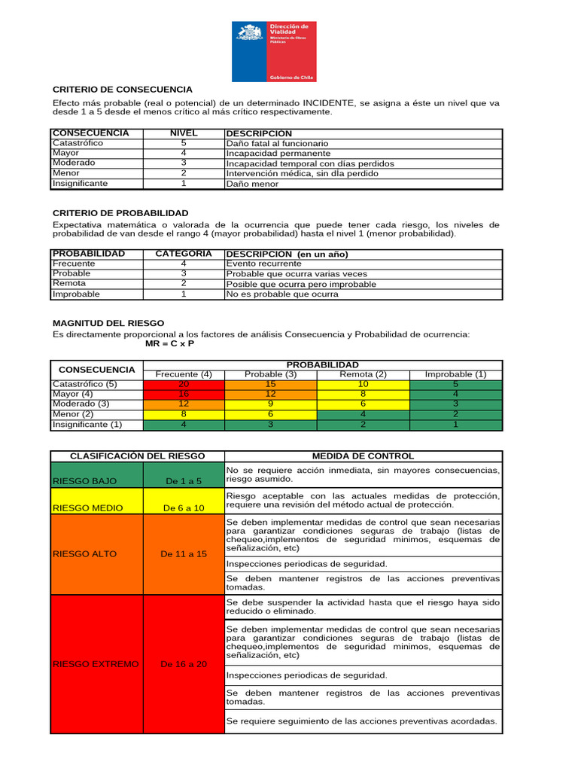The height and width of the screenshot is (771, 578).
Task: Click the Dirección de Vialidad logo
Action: tap(274, 51)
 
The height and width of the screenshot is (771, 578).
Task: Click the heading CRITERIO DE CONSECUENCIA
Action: tap(122, 90)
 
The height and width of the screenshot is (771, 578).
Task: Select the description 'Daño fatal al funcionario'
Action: tap(277, 143)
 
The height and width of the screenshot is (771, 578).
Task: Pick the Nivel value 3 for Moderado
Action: tap(184, 163)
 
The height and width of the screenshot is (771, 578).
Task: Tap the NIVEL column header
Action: tap(184, 133)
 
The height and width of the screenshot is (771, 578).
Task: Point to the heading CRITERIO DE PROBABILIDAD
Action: tap(120, 213)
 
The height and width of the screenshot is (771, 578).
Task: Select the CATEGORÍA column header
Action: tap(184, 254)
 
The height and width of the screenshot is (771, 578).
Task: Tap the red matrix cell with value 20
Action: tap(184, 385)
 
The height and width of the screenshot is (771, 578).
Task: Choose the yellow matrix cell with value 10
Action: tap(364, 385)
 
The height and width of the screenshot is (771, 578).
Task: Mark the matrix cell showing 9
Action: tap(271, 404)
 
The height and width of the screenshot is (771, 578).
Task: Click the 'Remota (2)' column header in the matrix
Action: tap(364, 374)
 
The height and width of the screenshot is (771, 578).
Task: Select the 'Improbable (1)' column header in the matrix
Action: tap(455, 374)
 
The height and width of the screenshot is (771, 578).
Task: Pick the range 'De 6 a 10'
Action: tap(184, 508)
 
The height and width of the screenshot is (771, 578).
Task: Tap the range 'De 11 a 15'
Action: tap(184, 554)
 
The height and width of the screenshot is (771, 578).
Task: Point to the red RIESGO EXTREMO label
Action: tap(96, 664)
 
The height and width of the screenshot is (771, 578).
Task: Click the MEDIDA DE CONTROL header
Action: tap(364, 456)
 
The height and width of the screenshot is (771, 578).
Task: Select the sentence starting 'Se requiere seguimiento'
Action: tap(362, 721)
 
